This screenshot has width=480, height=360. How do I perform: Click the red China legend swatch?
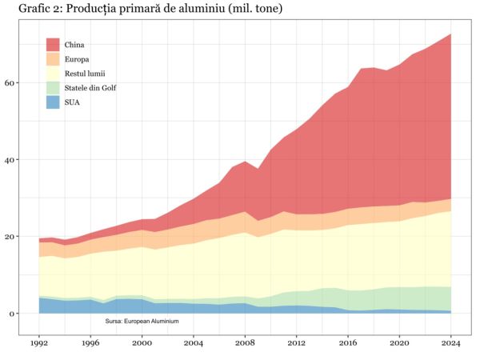(53, 45)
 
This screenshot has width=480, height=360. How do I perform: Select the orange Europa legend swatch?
(53, 59)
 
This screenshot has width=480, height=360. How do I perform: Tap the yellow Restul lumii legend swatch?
(53, 74)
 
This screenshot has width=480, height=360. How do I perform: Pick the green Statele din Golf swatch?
(53, 88)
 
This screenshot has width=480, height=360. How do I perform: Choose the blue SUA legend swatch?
(53, 102)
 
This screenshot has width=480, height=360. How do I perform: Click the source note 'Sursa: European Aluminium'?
(142, 321)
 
